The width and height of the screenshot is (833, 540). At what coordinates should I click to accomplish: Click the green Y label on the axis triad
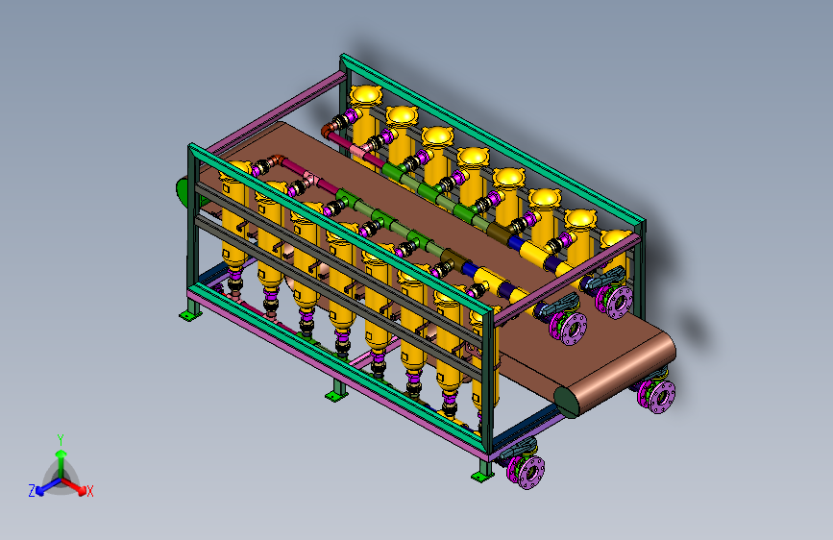61,440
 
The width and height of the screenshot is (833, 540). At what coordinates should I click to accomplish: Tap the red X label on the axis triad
89,491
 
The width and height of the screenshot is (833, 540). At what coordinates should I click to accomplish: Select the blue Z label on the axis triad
32,491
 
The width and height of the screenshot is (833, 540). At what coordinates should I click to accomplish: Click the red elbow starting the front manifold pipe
276,160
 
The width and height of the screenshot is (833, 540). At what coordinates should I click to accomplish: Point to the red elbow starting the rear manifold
330,128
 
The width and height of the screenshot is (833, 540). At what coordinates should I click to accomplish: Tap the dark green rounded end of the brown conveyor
567,403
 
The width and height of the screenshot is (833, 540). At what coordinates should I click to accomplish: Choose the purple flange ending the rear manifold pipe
616,302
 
